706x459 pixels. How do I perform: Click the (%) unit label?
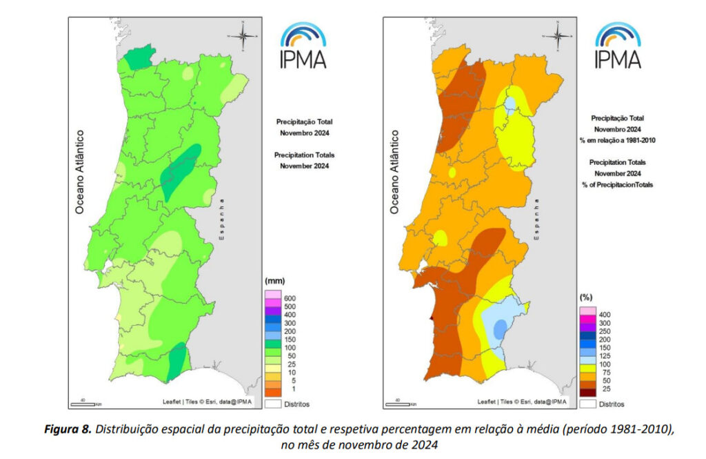585,297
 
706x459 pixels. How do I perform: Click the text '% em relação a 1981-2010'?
617,140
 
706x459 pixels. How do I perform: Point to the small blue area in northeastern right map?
510,105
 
